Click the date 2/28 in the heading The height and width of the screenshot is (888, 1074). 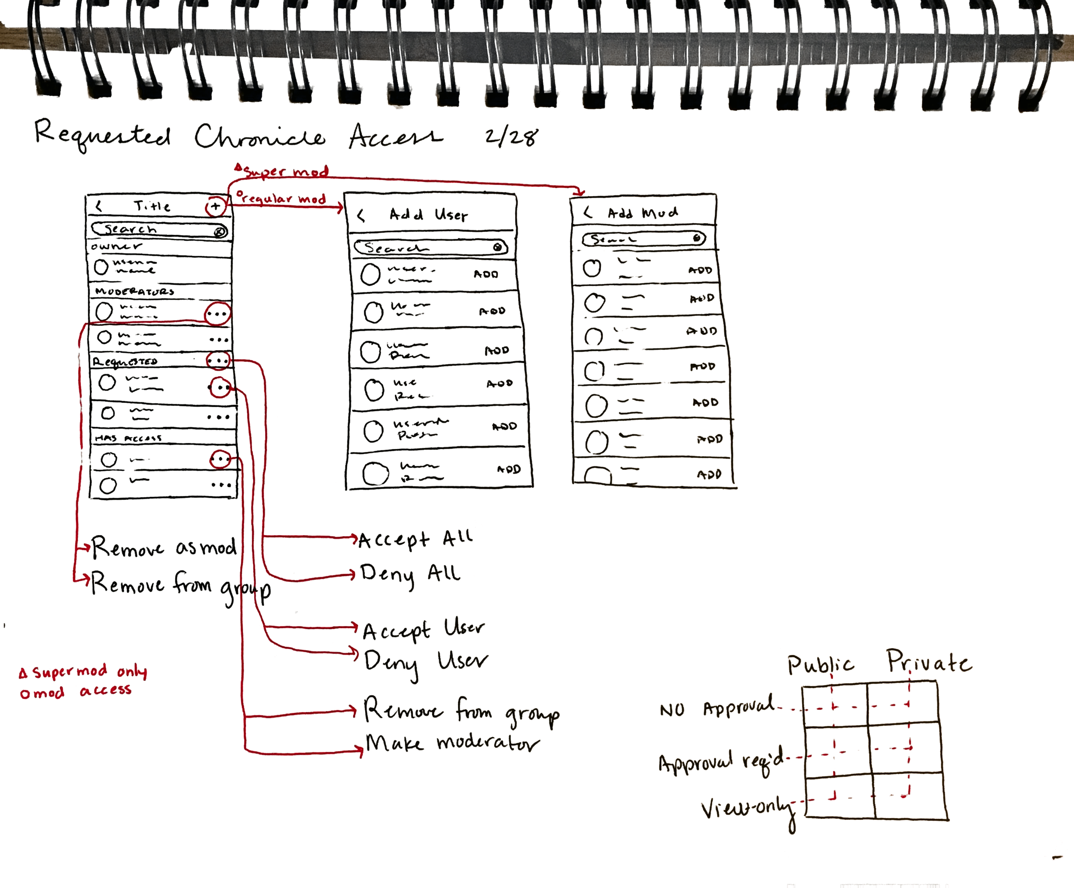[x=511, y=137]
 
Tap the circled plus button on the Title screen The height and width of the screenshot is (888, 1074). [x=215, y=207]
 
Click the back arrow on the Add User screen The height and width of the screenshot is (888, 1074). [x=361, y=216]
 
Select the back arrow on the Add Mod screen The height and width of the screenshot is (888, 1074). [x=588, y=212]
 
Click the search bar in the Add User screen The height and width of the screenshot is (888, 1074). [x=430, y=248]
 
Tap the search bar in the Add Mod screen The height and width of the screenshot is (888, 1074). [x=644, y=239]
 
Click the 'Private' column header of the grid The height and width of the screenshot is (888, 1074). [x=928, y=662]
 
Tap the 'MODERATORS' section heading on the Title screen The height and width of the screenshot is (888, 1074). [x=134, y=292]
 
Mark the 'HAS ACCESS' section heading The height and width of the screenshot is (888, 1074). [x=128, y=438]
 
